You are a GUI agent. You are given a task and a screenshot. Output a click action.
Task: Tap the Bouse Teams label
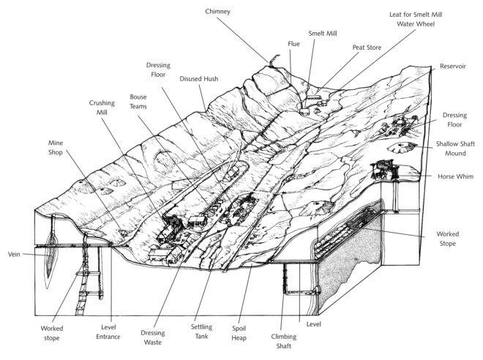coord(138,102)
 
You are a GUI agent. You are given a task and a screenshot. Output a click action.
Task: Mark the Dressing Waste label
coord(152,337)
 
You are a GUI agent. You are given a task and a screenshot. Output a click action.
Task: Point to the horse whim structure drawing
coord(386,171)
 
